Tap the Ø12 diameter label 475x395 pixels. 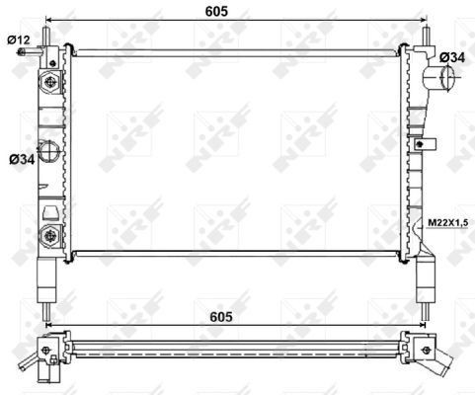click(20, 39)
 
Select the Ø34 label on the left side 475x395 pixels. click(20, 157)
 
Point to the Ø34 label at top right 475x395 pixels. click(451, 58)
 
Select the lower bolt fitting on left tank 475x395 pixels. click(49, 233)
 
